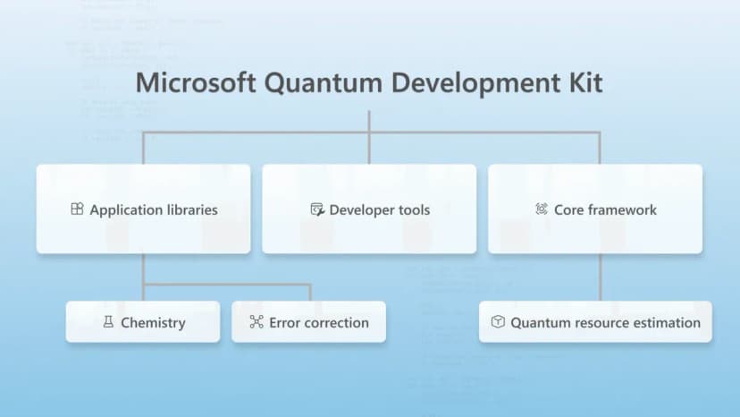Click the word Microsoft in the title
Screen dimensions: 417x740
[189, 83]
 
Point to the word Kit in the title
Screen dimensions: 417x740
[583, 83]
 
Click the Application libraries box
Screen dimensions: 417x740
[143, 209]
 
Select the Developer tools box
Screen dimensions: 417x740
[369, 209]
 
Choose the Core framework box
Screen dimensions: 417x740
[595, 209]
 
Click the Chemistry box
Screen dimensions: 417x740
[143, 322]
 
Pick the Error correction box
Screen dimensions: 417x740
[308, 322]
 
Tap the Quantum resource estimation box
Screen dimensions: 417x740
[595, 322]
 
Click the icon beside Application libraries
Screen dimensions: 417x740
[77, 209]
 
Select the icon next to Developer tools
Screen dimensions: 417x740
[316, 209]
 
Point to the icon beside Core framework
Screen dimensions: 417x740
[541, 209]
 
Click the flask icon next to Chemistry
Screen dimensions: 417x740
[107, 322]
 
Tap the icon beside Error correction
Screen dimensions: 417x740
[256, 322]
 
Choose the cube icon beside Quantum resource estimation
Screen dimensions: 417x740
[498, 322]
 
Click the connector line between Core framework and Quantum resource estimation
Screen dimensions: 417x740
[600, 277]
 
